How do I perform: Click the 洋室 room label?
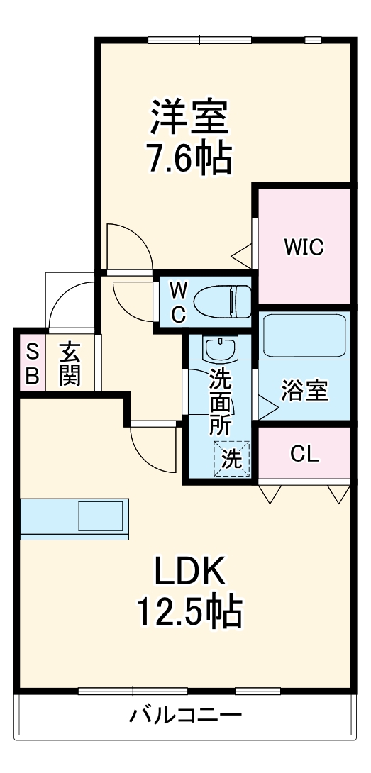click(x=189, y=118)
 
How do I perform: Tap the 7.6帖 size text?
click(x=189, y=160)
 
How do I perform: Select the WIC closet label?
click(x=304, y=247)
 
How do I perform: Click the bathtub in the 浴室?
click(x=304, y=335)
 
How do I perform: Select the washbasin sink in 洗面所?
click(x=219, y=349)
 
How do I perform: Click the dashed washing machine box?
click(x=233, y=458)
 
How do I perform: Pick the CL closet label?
click(x=304, y=454)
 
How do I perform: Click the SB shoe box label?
click(x=32, y=363)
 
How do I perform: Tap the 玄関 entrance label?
click(x=70, y=363)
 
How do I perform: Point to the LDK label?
click(x=189, y=569)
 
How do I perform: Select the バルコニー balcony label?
click(x=185, y=714)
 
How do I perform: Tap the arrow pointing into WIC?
click(x=243, y=252)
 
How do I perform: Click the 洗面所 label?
click(x=220, y=401)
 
